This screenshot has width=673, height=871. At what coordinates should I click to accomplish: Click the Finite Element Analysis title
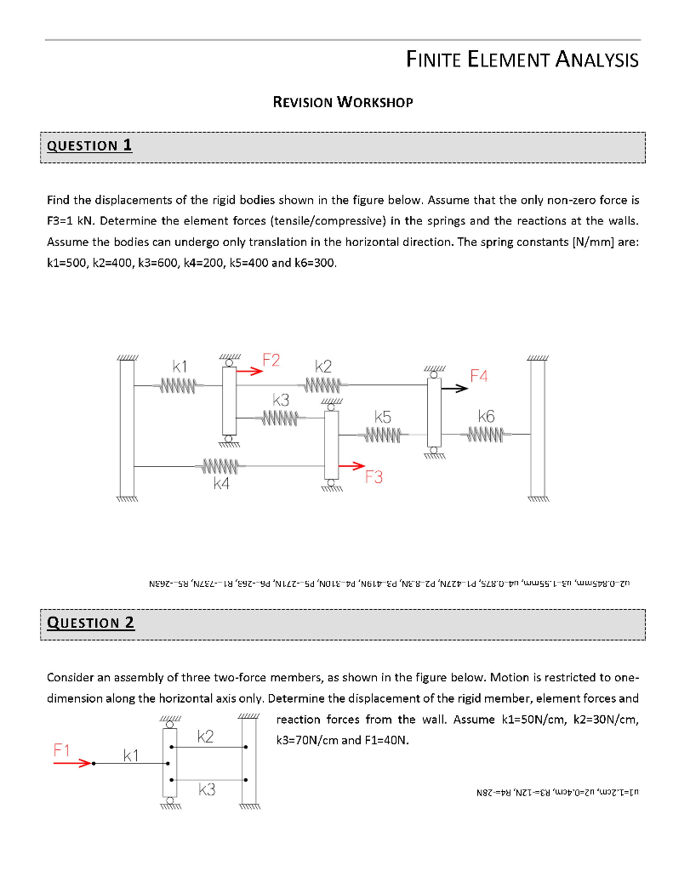[522, 60]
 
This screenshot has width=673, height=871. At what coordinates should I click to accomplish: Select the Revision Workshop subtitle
[342, 102]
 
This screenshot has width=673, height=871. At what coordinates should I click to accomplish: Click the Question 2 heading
[90, 622]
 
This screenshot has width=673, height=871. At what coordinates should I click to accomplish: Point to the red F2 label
[271, 361]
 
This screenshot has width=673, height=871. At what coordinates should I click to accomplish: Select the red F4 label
[479, 375]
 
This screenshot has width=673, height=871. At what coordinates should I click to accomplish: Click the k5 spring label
[383, 418]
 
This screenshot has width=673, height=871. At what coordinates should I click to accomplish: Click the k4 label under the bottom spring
[222, 483]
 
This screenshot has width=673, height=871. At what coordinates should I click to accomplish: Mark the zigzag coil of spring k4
[223, 466]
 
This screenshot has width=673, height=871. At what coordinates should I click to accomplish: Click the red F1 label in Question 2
[62, 749]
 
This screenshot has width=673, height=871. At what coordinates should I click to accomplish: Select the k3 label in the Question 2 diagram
[205, 791]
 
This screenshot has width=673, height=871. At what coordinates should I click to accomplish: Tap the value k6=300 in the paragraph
[313, 263]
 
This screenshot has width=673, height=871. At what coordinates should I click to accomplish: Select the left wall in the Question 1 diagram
[127, 429]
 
